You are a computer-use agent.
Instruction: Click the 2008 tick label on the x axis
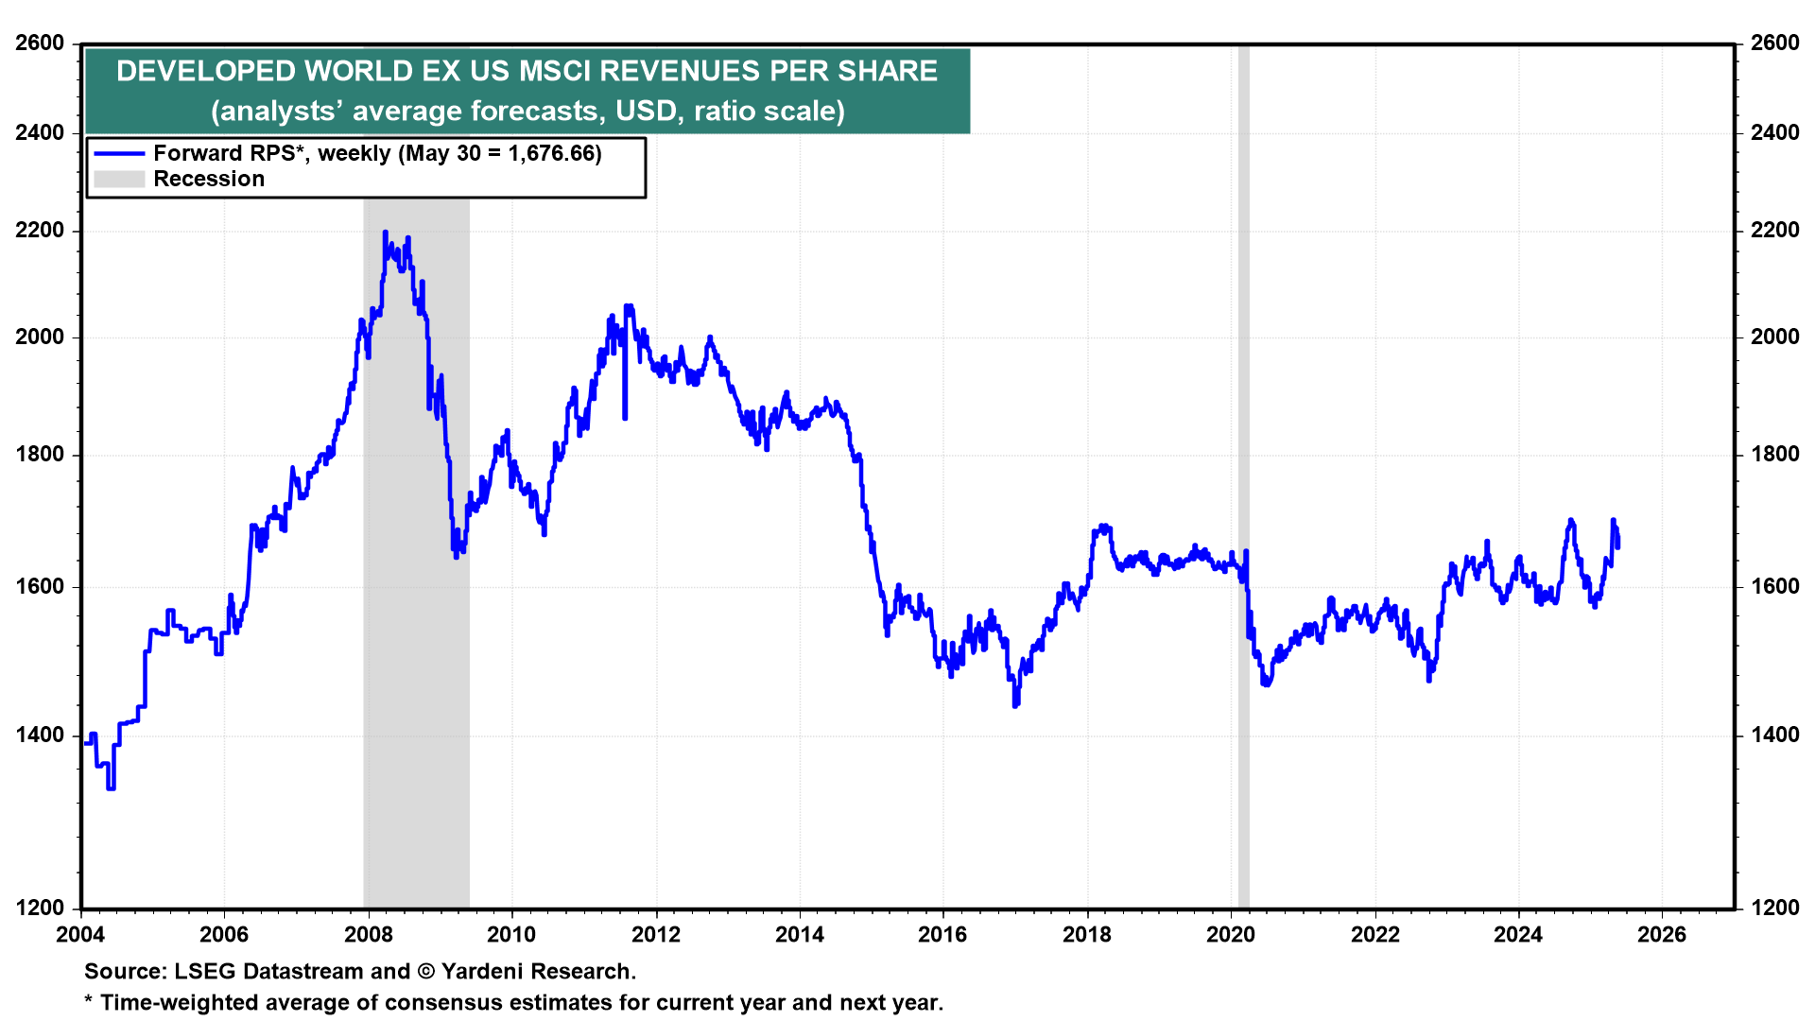point(368,935)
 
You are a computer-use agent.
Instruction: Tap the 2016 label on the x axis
point(942,935)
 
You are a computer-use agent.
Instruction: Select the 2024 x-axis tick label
point(1517,935)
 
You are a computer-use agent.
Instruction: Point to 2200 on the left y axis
point(40,231)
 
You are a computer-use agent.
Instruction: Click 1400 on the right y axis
point(1774,735)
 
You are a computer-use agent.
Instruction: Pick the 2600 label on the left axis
point(40,43)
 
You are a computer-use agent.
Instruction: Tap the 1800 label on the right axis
point(1774,455)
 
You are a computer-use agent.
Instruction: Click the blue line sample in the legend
point(119,153)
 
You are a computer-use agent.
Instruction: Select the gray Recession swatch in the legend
point(119,179)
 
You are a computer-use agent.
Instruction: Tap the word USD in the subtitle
point(647,111)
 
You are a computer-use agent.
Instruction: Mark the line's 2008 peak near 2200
point(385,232)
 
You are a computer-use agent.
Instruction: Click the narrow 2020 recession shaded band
point(1244,473)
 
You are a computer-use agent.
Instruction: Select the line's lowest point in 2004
point(111,787)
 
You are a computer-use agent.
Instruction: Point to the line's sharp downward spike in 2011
point(625,417)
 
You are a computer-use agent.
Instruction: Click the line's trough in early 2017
point(1015,705)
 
